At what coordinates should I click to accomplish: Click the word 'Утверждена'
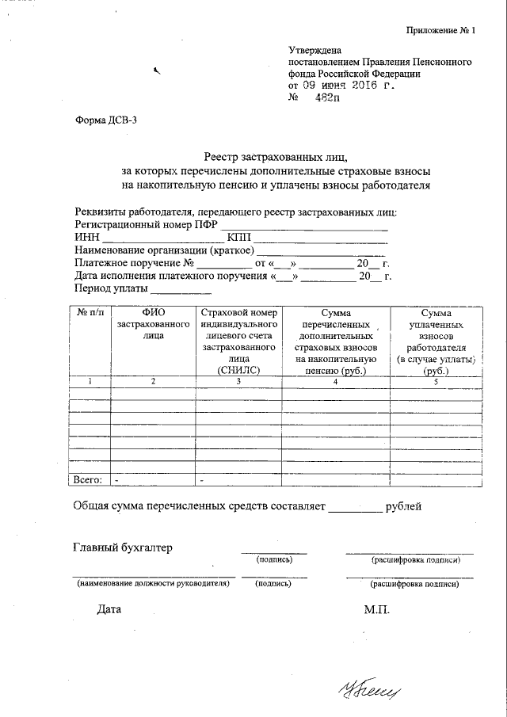(x=314, y=51)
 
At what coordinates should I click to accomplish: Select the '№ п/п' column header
(x=90, y=314)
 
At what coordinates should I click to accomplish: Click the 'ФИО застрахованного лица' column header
(x=153, y=325)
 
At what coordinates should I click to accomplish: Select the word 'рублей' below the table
(x=404, y=505)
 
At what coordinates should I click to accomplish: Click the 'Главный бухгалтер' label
(x=122, y=547)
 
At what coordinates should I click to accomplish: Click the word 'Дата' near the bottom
(x=110, y=610)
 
